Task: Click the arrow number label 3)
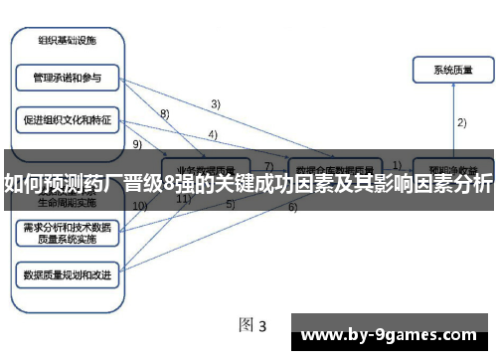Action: point(215,103)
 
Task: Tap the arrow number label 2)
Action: point(461,122)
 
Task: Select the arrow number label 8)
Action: point(165,113)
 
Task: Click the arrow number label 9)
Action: point(136,143)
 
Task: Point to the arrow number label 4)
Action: point(213,135)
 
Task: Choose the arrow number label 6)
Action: point(292,208)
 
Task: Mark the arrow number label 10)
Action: point(140,206)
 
